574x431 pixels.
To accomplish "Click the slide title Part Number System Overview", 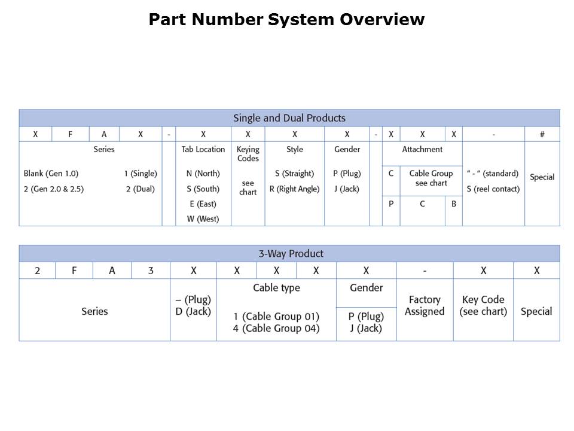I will point(286,20).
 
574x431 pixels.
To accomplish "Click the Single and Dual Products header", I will point(289,118).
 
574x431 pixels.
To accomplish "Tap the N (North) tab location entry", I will point(203,174).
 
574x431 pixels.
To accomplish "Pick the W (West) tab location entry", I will point(203,219).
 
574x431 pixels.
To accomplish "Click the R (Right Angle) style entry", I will point(294,189).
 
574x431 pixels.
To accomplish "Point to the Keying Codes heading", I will point(248,154).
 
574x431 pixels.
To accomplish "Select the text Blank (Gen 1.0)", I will point(51,174).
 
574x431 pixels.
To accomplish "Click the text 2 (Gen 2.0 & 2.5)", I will point(54,189).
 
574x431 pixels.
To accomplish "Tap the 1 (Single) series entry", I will point(141,174).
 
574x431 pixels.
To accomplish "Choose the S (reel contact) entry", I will point(493,189).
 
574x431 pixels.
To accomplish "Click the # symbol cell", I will point(542,134).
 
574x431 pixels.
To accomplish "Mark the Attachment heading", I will point(422,150).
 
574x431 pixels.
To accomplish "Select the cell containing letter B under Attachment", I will point(454,204).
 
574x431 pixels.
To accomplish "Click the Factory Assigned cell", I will point(425,305).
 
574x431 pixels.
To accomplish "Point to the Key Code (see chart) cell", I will point(483,305).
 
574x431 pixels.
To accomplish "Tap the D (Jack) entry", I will point(193,311).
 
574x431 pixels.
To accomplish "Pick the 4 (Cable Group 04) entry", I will point(276,328).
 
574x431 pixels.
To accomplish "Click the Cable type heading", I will point(276,288).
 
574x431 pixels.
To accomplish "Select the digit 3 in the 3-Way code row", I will point(151,271).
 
